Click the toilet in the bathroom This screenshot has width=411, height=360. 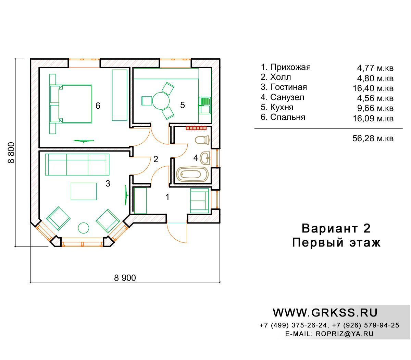(202, 140)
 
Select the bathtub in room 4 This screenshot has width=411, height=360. (192, 174)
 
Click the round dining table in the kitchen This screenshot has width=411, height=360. (161, 101)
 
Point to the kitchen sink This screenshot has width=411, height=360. (204, 105)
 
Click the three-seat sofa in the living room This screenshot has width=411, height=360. (77, 165)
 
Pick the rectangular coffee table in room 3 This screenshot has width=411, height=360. (84, 191)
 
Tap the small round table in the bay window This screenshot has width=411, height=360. (83, 228)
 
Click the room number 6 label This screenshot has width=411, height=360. (98, 106)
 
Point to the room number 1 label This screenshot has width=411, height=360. (167, 197)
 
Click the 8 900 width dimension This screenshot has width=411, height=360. (125, 278)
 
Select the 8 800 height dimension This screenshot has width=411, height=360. (11, 153)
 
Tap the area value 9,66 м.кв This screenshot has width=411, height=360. (375, 108)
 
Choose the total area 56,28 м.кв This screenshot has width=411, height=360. (373, 139)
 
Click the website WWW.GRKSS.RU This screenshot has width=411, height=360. (325, 313)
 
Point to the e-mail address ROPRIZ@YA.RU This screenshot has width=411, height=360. (345, 334)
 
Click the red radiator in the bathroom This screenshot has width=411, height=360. (196, 128)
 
